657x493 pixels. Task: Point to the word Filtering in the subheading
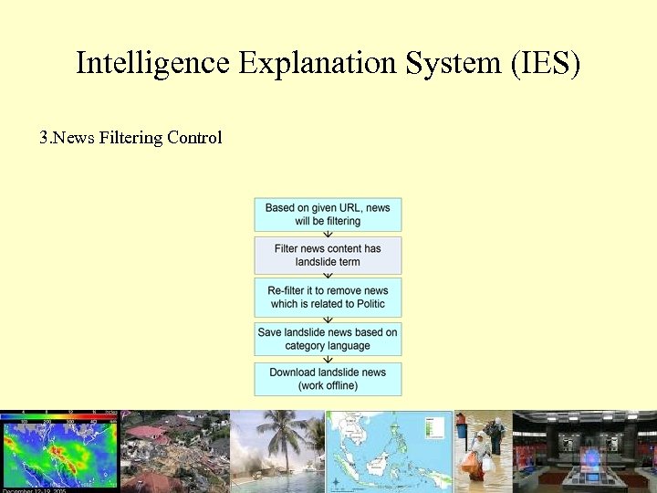[x=125, y=138]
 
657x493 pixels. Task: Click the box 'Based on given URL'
[x=328, y=215]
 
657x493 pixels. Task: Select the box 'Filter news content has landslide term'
[x=328, y=255]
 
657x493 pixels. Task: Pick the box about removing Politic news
[x=328, y=297]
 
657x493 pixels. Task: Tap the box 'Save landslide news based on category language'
[x=328, y=339]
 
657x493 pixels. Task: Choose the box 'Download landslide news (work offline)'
[x=328, y=379]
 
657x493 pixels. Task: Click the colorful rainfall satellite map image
[x=59, y=451]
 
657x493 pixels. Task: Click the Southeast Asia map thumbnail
[x=390, y=451]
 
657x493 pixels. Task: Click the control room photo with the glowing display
[x=584, y=451]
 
